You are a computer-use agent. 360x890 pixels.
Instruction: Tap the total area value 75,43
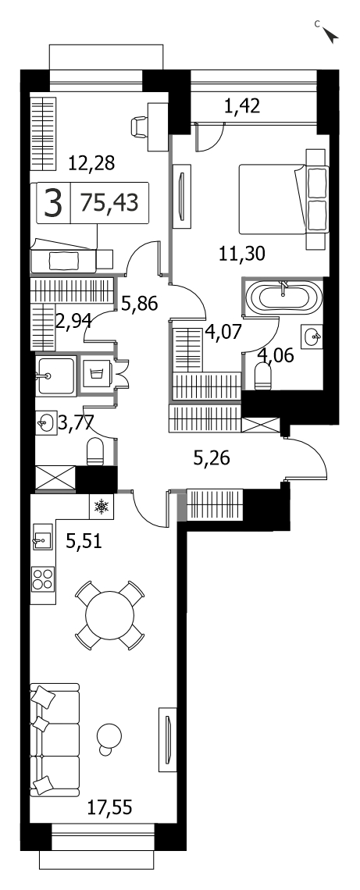(x=109, y=202)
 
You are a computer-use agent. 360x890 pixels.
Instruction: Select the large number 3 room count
(x=53, y=203)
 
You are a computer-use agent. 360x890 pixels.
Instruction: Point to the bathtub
(x=283, y=297)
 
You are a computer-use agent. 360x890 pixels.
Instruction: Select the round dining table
(x=109, y=614)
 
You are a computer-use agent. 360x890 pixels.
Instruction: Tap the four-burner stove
(x=43, y=578)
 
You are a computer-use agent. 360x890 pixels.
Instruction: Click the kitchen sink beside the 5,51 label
(x=42, y=536)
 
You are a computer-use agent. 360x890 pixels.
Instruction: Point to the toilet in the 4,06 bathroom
(x=263, y=376)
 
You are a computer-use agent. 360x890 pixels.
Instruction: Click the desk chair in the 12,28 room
(x=139, y=126)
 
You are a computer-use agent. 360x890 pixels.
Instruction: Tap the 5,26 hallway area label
(x=211, y=458)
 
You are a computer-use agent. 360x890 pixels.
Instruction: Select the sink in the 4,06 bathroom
(x=313, y=335)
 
